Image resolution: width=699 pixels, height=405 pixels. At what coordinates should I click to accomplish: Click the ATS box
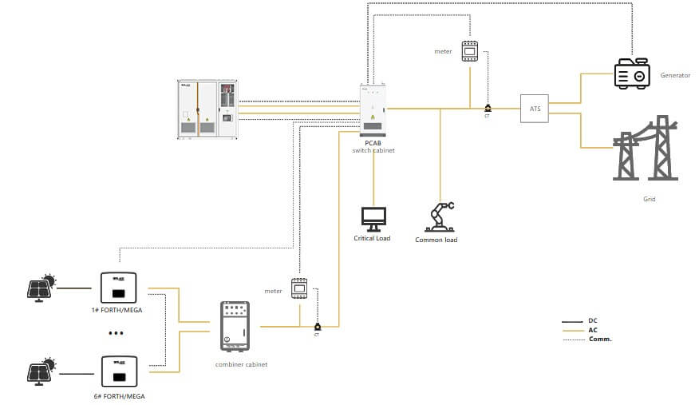pyautogui.click(x=535, y=108)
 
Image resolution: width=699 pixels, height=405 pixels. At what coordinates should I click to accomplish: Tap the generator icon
pyautogui.click(x=633, y=73)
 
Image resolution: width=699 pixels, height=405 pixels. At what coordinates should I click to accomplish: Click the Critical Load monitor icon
pyautogui.click(x=373, y=217)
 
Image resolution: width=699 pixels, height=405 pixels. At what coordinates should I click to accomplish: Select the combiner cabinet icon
pyautogui.click(x=235, y=326)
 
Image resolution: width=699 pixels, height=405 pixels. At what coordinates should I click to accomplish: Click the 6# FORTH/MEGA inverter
pyautogui.click(x=117, y=372)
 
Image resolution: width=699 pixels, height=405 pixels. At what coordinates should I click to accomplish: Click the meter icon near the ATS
pyautogui.click(x=470, y=51)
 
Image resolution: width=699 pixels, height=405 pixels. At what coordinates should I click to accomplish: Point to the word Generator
pyautogui.click(x=675, y=75)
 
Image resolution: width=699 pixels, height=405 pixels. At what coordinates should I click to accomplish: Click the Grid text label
pyautogui.click(x=649, y=199)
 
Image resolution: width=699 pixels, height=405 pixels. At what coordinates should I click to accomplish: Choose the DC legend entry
pyautogui.click(x=592, y=320)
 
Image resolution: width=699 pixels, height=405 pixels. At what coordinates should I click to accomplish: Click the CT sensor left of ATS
pyautogui.click(x=488, y=108)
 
